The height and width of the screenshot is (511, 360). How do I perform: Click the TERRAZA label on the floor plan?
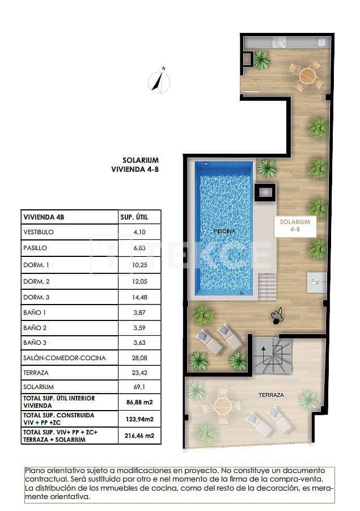click(271, 395)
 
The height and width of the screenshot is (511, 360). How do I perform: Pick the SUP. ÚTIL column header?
click(135, 217)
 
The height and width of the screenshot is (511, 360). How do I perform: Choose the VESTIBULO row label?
click(39, 233)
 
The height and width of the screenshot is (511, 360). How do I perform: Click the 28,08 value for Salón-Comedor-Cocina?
click(139, 358)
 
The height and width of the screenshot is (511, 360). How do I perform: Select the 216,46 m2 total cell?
click(139, 436)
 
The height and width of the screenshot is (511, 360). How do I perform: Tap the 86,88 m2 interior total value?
click(139, 402)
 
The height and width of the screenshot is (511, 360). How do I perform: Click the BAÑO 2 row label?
click(35, 327)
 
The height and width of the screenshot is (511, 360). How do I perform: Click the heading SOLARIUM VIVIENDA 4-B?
click(140, 164)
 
